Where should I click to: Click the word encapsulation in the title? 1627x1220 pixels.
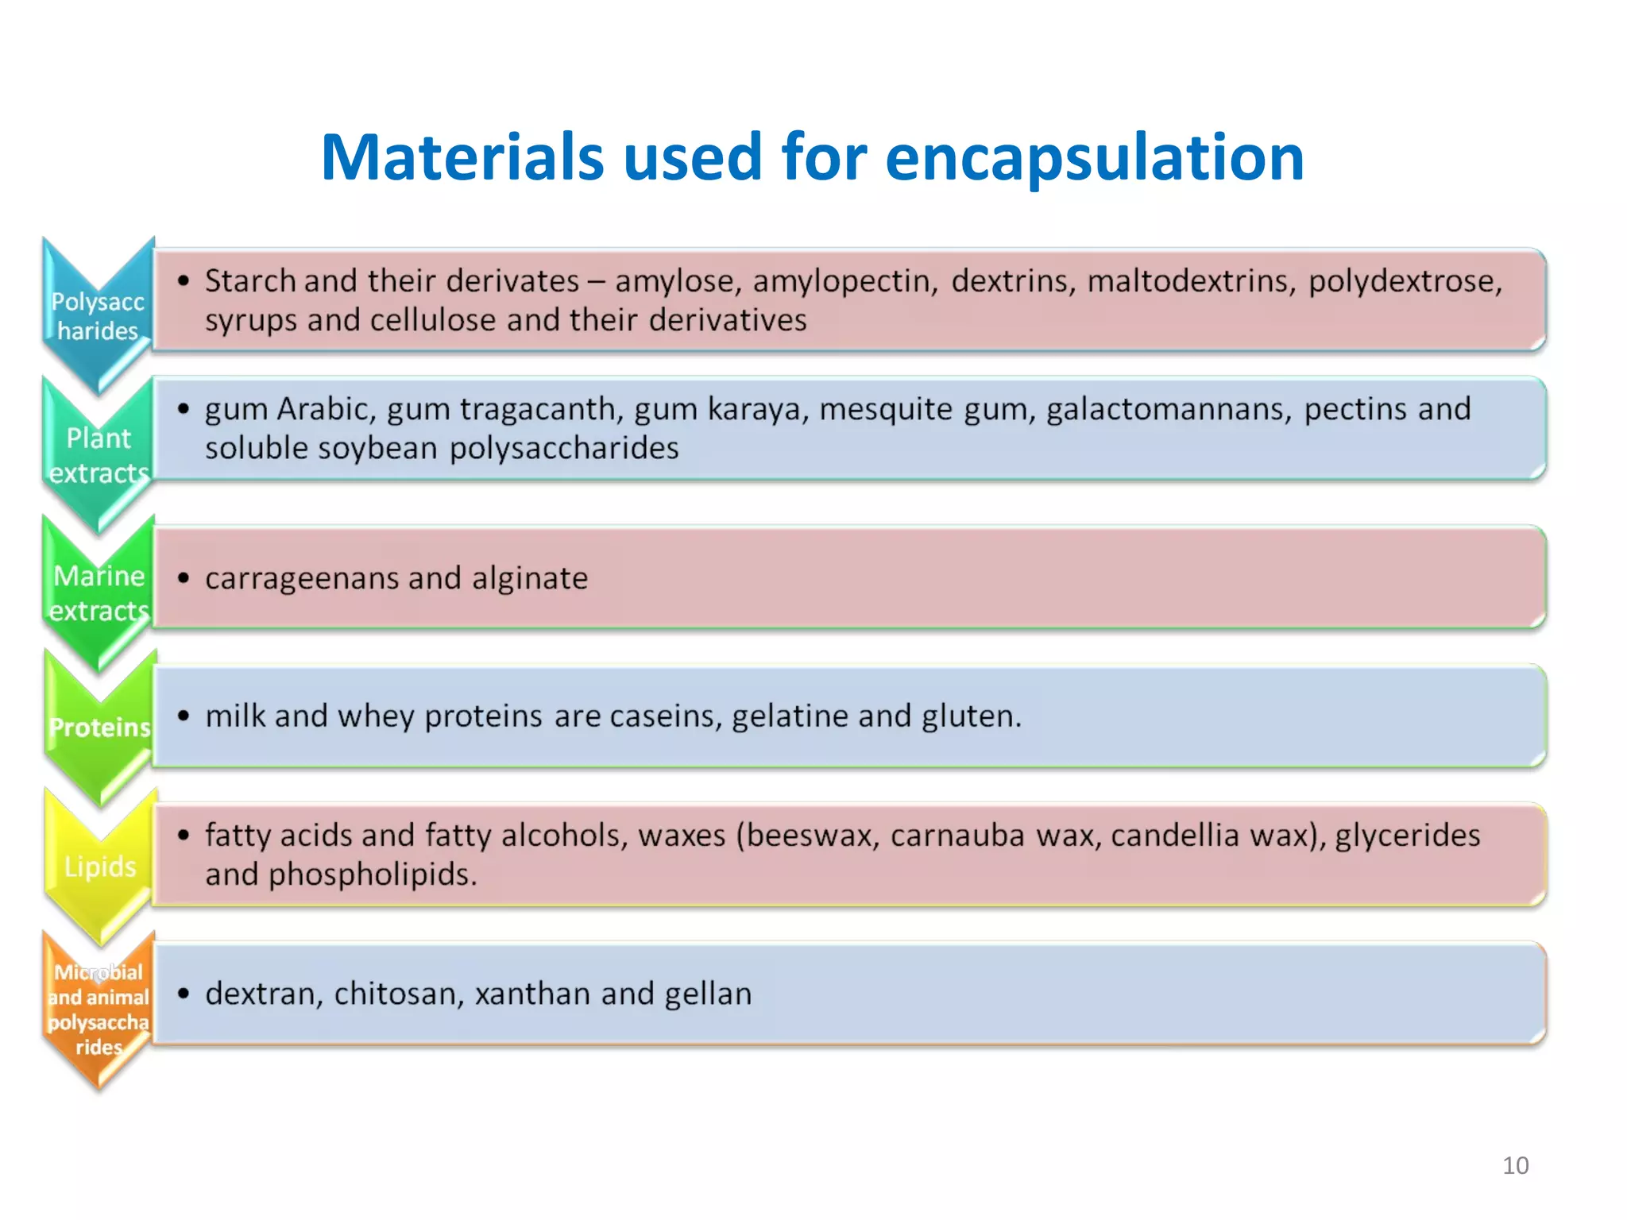(1094, 157)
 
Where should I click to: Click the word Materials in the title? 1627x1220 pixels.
(463, 157)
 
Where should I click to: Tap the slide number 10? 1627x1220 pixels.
(1515, 1165)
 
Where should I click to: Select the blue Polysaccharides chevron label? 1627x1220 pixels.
(98, 316)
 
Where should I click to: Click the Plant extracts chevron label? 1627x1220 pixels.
(99, 454)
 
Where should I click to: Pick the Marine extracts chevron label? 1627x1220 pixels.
(99, 593)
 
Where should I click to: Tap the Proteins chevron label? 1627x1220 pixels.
(100, 727)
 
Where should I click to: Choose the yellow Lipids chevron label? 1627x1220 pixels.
(100, 866)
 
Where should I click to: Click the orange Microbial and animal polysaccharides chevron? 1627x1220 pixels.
(99, 1009)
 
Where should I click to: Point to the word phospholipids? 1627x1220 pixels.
(373, 875)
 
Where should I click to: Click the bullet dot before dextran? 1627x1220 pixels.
(184, 994)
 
